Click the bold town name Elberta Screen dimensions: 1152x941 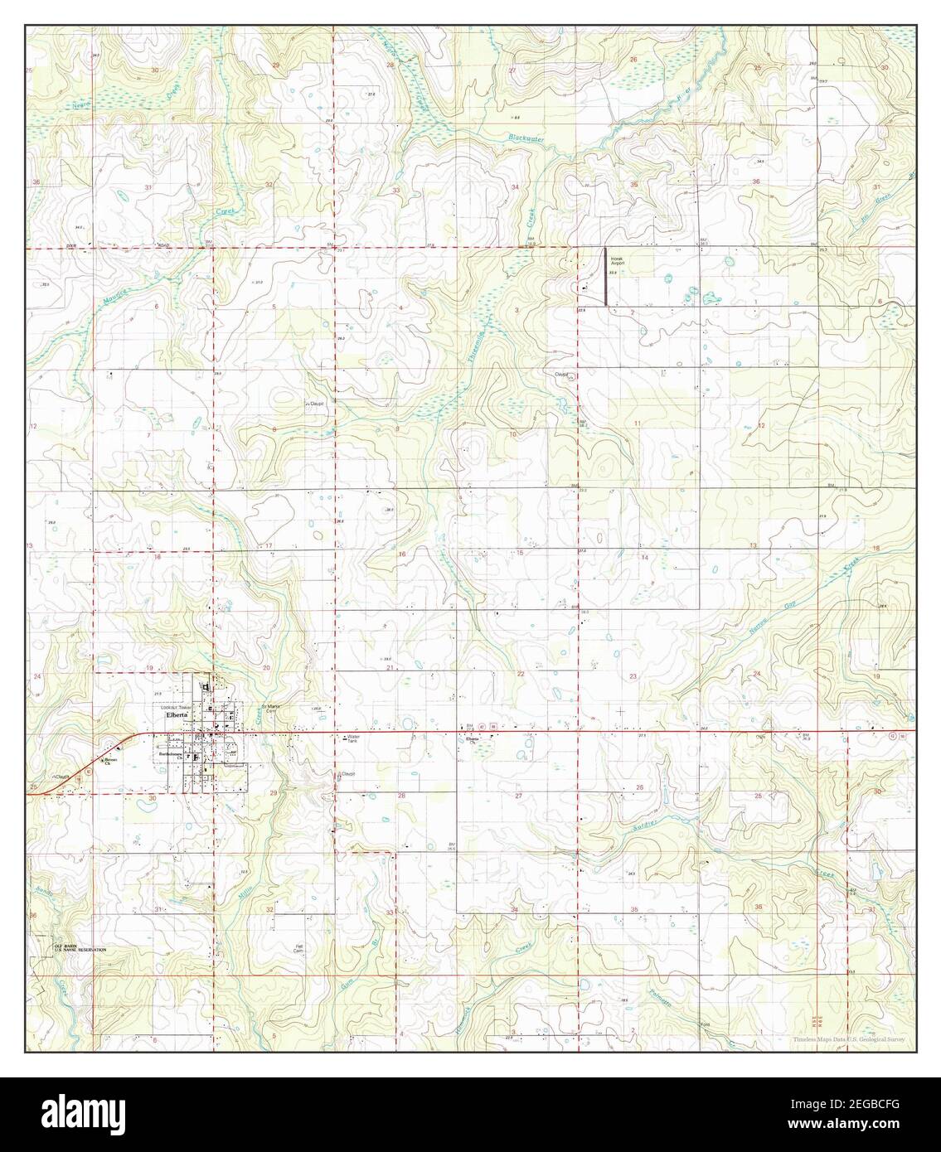[x=177, y=714]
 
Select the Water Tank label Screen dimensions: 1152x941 [x=356, y=737]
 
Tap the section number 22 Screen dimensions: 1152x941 [x=521, y=675]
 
